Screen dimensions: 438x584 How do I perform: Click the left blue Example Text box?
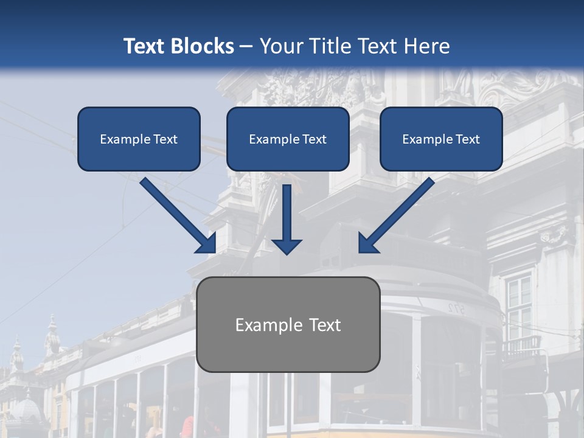139,139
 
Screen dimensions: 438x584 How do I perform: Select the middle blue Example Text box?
288,139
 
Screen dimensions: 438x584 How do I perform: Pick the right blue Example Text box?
441,139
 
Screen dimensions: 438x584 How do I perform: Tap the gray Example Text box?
288,324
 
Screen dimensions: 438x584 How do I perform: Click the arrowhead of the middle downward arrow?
287,246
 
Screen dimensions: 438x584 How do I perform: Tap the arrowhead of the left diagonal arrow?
207,243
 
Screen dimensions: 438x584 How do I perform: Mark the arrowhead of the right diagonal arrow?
367,243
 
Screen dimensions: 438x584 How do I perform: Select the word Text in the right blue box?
467,139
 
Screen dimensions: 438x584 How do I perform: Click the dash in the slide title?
246,47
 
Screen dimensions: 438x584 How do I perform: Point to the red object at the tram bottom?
188,427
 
